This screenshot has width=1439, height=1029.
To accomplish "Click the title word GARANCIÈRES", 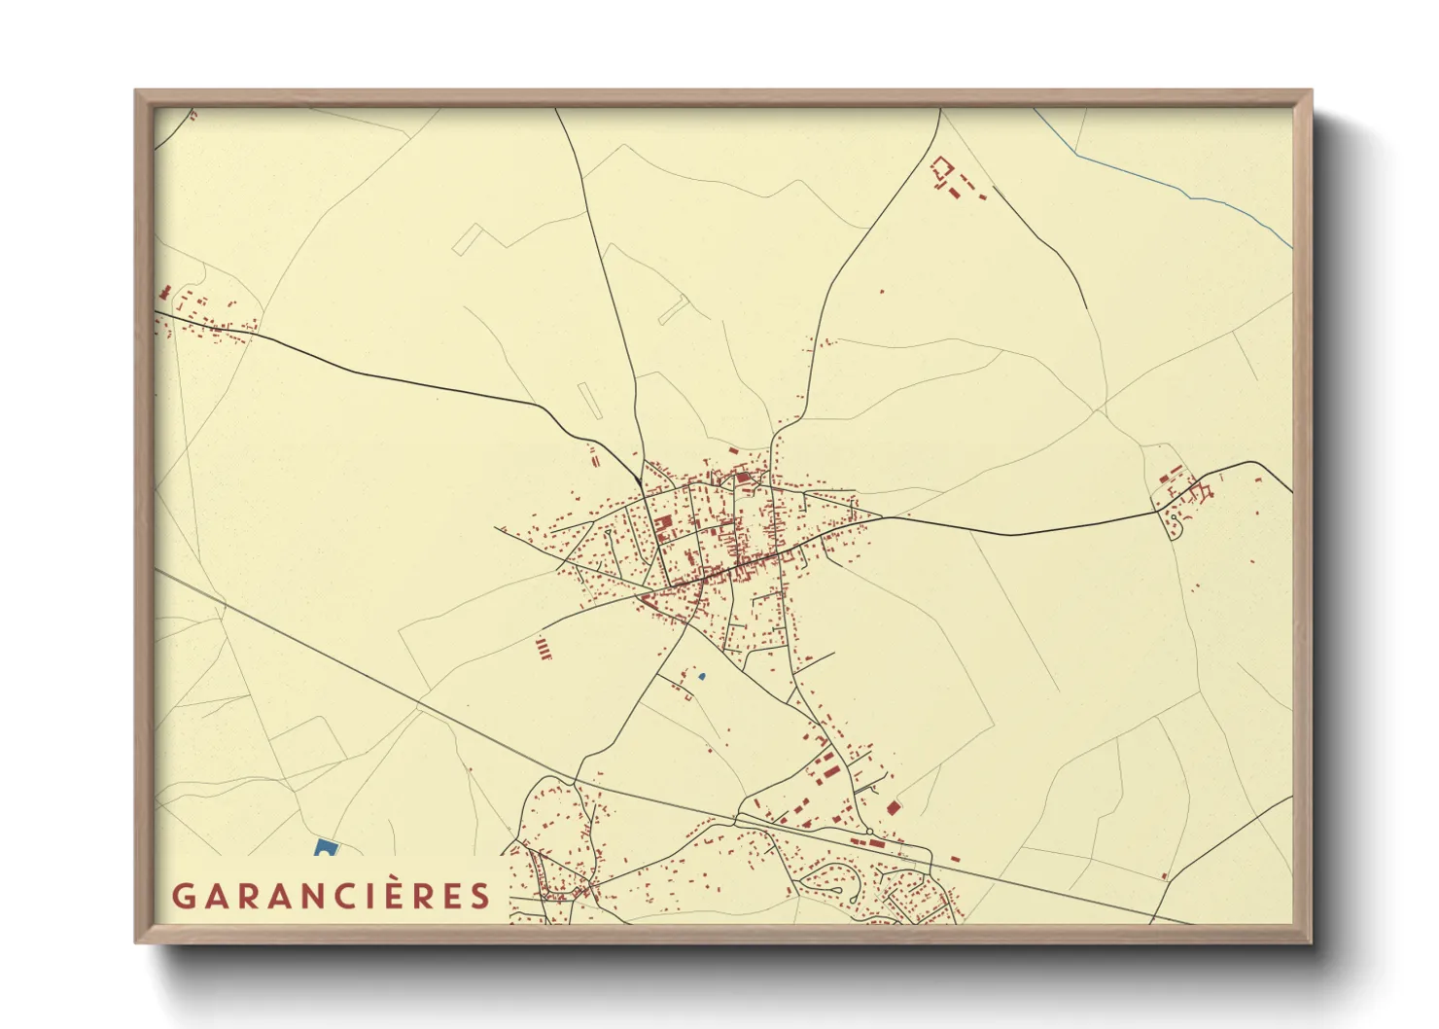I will point(331,896).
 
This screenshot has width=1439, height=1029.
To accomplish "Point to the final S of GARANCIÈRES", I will point(480,896).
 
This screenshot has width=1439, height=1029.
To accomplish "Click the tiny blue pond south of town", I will point(701,676).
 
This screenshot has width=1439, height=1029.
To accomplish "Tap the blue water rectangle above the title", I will point(325,848).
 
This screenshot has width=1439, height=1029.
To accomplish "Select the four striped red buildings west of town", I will point(544,649).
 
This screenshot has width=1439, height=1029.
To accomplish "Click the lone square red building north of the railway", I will point(894,807).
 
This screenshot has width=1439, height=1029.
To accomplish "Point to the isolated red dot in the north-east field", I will point(882,291).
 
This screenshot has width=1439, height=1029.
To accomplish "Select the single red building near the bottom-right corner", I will point(1164,876).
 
